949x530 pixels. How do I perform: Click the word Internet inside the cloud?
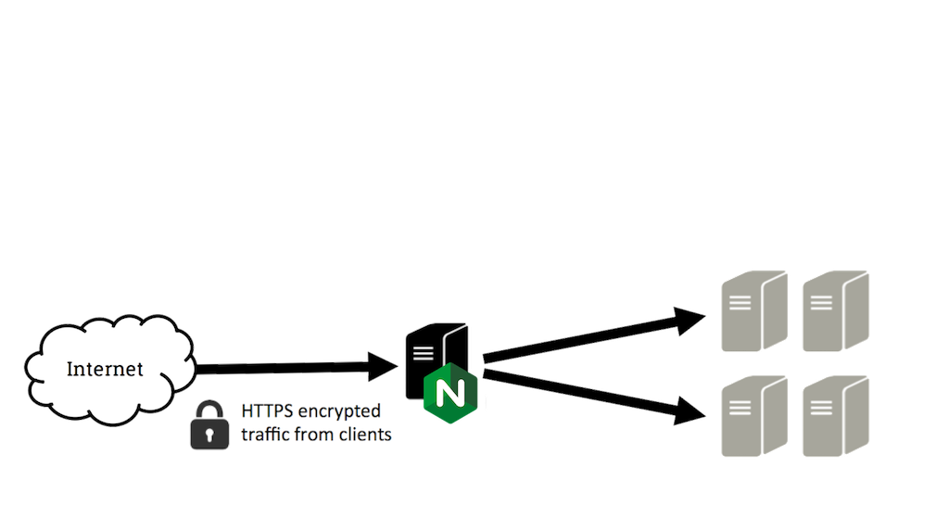105,369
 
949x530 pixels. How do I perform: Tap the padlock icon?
209,427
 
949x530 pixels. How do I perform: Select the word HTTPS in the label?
266,410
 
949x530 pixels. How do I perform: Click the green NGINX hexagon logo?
450,393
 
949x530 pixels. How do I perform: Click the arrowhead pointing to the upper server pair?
690,320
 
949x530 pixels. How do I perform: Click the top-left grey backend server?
753,310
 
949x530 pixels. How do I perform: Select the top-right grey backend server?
834,310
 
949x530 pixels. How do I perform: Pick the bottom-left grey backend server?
753,416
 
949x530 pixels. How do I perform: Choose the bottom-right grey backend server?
834,416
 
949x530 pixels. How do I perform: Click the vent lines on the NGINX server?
422,351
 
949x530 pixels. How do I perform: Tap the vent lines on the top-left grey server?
740,301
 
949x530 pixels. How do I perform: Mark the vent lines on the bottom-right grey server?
820,407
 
